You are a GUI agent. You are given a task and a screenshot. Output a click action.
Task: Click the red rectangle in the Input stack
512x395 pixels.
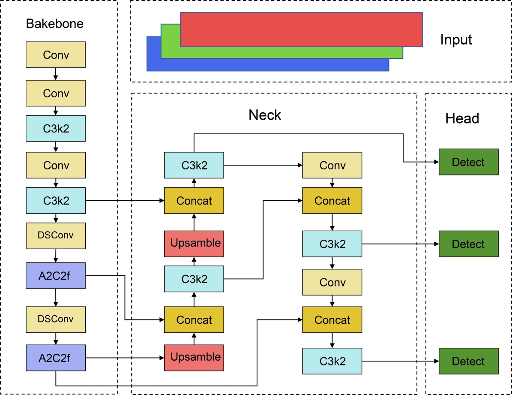[302, 29]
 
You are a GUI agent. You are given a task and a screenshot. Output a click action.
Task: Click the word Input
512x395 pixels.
[456, 40]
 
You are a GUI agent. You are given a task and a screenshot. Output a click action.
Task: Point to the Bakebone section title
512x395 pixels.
[55, 23]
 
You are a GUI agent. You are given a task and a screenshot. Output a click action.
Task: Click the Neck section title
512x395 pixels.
[265, 115]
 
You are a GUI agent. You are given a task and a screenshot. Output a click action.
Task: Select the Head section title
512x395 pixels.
[462, 118]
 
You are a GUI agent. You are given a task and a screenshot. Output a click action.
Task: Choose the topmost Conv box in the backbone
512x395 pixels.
[56, 54]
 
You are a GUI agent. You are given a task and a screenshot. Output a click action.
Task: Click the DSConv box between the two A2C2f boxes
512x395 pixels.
[56, 319]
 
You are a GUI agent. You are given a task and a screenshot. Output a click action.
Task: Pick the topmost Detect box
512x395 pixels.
[468, 162]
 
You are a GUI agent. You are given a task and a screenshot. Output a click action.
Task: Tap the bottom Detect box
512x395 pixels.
[468, 361]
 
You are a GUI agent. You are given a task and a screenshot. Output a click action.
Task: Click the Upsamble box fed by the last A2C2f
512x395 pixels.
[194, 357]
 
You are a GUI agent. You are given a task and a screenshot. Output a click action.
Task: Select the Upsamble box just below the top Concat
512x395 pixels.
[194, 243]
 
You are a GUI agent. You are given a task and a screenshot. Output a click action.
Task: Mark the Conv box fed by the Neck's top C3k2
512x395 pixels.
[332, 165]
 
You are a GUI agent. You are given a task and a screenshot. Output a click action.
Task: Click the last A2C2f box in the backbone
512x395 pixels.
[56, 357]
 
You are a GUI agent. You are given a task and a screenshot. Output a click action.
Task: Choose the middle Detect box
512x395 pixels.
[468, 244]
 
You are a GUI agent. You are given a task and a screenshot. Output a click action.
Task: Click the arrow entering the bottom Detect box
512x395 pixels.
[400, 361]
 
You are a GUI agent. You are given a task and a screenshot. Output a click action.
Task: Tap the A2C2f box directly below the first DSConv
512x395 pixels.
[56, 275]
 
